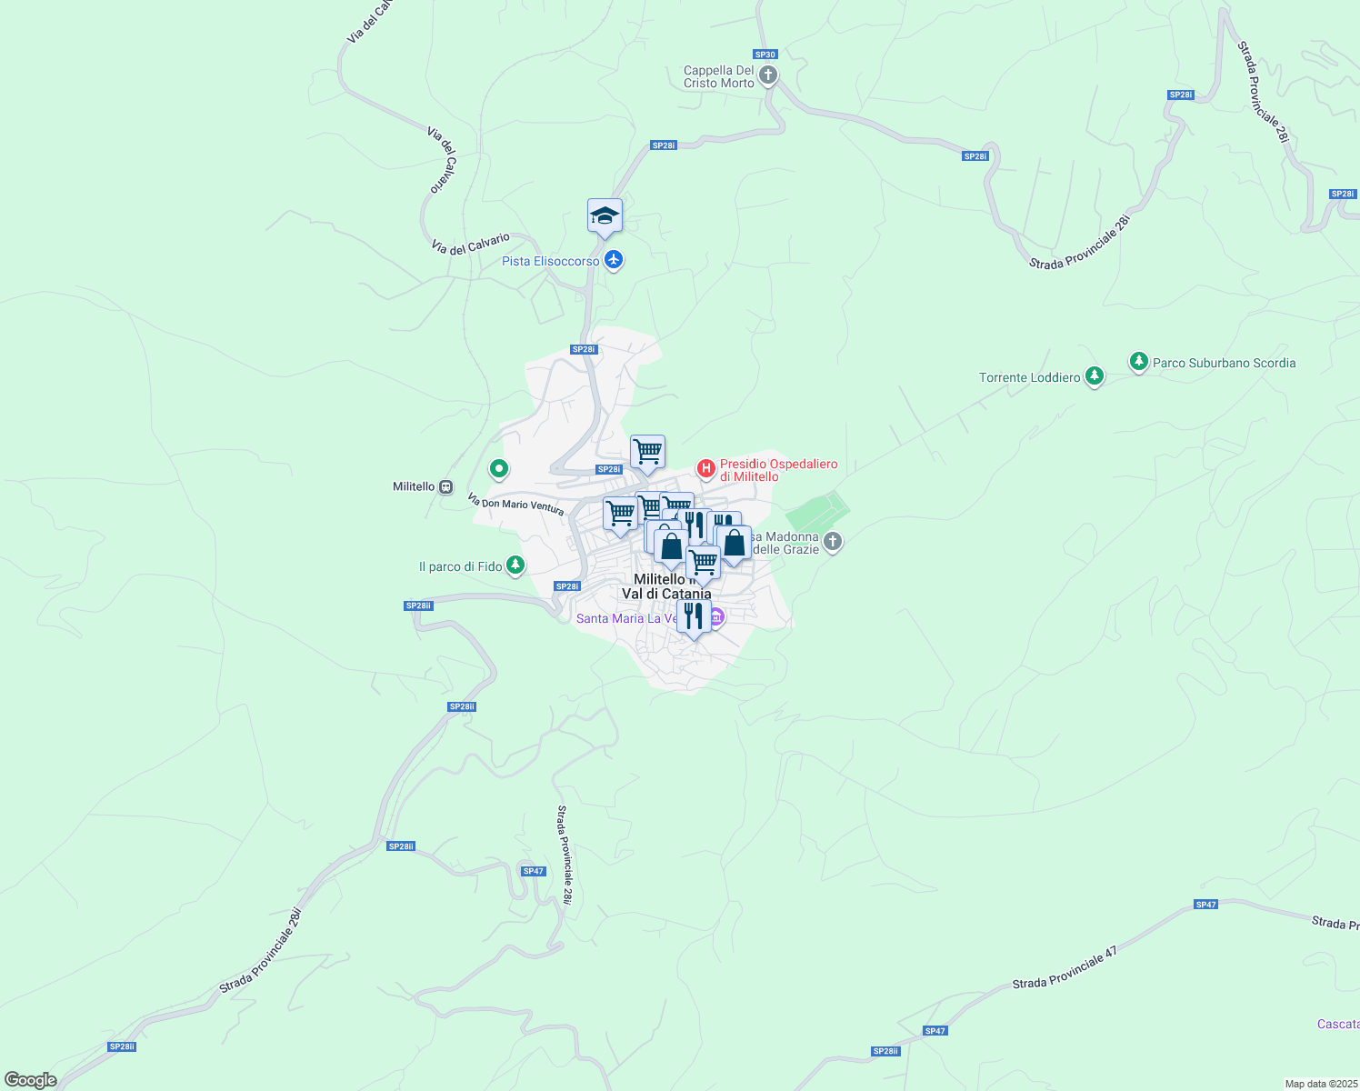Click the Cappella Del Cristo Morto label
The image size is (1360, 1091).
click(x=719, y=76)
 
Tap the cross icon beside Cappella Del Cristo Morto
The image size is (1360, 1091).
click(x=768, y=75)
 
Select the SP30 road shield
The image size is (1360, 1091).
click(x=765, y=55)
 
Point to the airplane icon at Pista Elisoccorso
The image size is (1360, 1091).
click(x=614, y=261)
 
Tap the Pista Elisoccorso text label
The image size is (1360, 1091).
click(x=551, y=261)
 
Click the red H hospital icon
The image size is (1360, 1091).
click(x=705, y=468)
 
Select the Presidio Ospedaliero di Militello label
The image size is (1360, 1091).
click(x=778, y=470)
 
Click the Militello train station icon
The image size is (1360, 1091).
click(x=445, y=486)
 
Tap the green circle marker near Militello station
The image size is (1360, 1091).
click(x=498, y=469)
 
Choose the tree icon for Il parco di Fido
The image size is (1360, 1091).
click(x=515, y=566)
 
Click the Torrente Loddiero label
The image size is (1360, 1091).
click(x=1029, y=377)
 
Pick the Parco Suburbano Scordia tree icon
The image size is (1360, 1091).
click(x=1138, y=362)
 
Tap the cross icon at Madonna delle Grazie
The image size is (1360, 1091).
click(x=833, y=543)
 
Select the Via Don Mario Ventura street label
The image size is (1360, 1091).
click(x=515, y=505)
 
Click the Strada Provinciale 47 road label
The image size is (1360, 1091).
click(x=1065, y=970)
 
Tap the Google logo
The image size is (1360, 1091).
click(x=31, y=1080)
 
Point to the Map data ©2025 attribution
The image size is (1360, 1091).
click(x=1321, y=1084)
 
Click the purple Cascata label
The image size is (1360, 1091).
click(x=1338, y=1024)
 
